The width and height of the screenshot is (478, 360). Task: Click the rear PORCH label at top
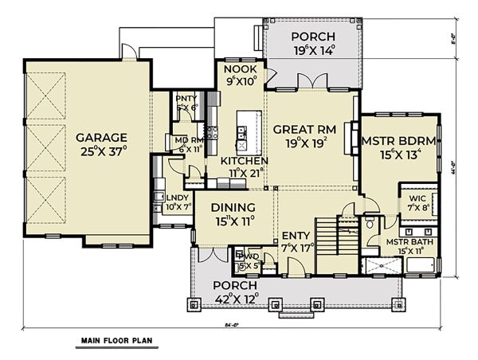pyautogui.click(x=312, y=37)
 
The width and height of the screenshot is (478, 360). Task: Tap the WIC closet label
pyautogui.click(x=417, y=198)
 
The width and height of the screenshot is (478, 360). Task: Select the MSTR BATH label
pyautogui.click(x=409, y=241)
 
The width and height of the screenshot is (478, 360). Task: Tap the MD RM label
pyautogui.click(x=190, y=140)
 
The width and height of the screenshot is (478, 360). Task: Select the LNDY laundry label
pyautogui.click(x=177, y=198)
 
